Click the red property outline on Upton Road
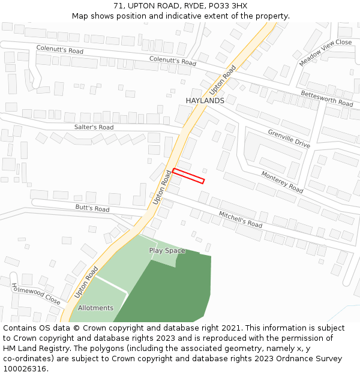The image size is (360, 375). click(x=188, y=176)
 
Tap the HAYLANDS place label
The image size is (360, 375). click(x=205, y=101)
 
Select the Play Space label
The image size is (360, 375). click(x=167, y=251)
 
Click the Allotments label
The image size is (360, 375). click(x=95, y=308)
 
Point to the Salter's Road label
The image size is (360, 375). click(x=94, y=127)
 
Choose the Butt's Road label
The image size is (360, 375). click(x=92, y=208)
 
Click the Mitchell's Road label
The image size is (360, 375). click(x=240, y=219)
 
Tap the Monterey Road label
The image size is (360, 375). click(x=282, y=182)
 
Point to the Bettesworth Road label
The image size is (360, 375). click(x=326, y=98)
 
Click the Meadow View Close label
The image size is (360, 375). click(x=325, y=52)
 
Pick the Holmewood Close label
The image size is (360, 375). click(x=35, y=293)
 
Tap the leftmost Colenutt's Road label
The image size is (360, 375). click(x=59, y=50)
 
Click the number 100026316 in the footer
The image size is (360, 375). click(x=25, y=369)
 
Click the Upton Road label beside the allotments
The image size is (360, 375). click(x=86, y=283)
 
